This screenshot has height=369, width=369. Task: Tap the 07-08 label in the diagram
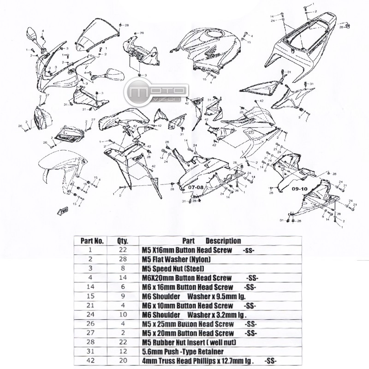pos(196,188)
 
